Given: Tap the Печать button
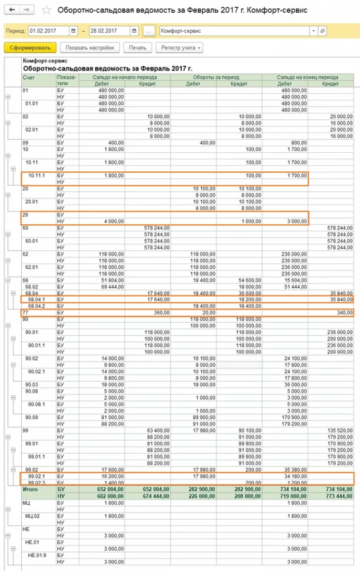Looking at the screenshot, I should tap(137, 47).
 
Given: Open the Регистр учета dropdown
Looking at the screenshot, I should tap(179, 47).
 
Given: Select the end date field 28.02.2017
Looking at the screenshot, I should tap(109, 31).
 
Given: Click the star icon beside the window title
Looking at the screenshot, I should tap(46, 11).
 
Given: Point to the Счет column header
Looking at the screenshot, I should tap(28, 78).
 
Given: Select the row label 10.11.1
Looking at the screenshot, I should tap(37, 175).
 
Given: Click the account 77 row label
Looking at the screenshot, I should tap(26, 313).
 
